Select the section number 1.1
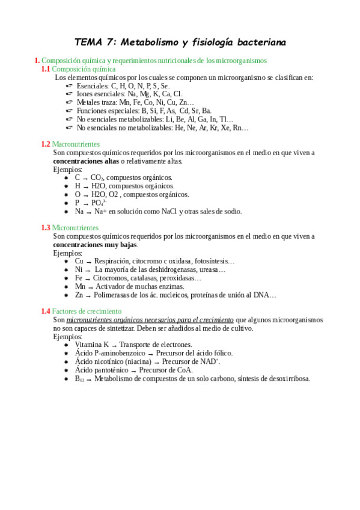click(x=46, y=69)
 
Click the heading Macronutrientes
click(x=76, y=144)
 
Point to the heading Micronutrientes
click(x=75, y=228)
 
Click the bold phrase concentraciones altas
click(x=86, y=161)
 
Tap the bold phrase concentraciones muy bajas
click(x=95, y=245)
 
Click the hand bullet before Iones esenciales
click(x=69, y=94)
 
